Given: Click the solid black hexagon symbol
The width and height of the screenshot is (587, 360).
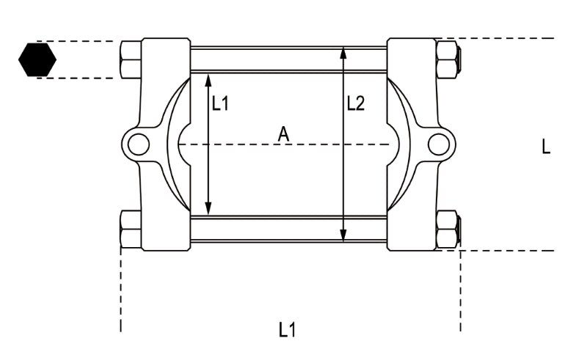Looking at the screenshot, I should [37, 59].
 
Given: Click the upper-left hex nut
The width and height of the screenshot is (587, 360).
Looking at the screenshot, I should [131, 59].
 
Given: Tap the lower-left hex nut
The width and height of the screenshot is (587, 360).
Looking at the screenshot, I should [131, 229].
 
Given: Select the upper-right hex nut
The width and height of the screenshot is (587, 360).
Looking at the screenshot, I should [447, 59].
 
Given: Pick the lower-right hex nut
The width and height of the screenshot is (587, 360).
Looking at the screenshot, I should [447, 229].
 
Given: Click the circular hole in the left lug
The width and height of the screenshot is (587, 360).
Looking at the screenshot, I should [138, 144].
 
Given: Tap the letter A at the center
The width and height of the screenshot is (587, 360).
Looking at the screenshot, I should [283, 133].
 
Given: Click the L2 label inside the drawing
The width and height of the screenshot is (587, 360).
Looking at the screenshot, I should [355, 104].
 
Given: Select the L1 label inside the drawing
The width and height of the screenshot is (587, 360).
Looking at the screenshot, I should [220, 104].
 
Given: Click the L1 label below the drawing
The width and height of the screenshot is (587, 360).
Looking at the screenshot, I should [288, 330].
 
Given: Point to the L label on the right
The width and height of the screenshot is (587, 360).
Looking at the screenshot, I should [545, 147].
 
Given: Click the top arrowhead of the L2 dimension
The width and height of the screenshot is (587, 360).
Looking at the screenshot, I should [343, 52].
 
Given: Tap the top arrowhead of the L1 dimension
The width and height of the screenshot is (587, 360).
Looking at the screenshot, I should [208, 78].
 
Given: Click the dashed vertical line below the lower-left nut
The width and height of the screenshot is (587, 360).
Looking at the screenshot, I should [121, 293].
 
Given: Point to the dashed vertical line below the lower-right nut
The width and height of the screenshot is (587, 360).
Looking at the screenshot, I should [461, 293].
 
